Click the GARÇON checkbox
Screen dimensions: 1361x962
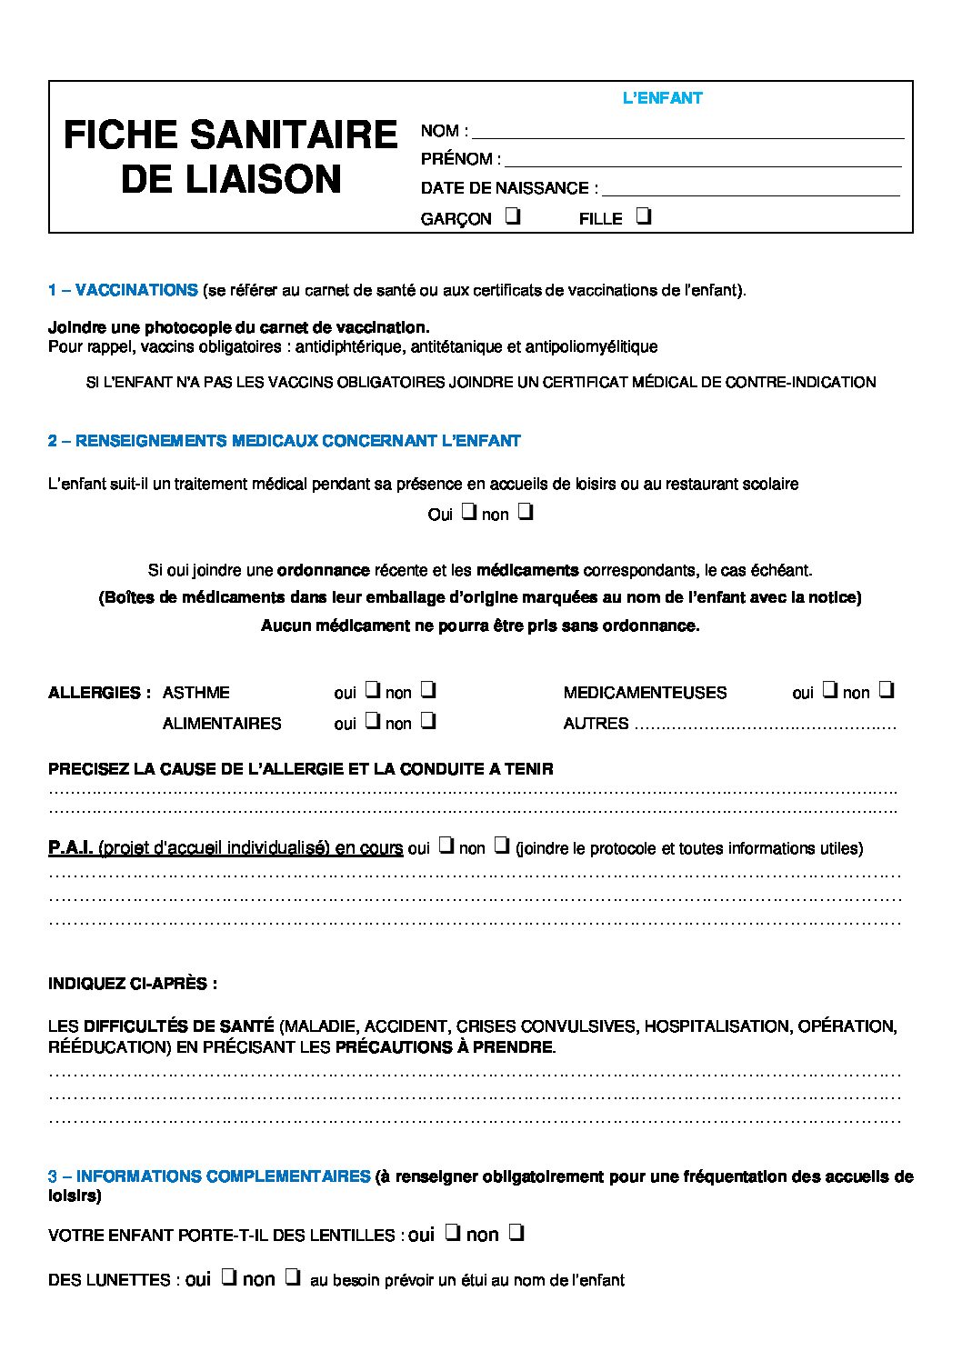pos(513,217)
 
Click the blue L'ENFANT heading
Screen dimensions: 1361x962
pos(662,98)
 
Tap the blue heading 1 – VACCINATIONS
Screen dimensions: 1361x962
pos(123,290)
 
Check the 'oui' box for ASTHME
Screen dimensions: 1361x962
pos(372,690)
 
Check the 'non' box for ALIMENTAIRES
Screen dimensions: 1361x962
pos(428,721)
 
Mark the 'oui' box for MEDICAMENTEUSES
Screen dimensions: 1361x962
pos(829,690)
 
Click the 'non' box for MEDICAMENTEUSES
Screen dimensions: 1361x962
pos(887,690)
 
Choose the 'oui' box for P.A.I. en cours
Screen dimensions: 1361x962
pos(446,846)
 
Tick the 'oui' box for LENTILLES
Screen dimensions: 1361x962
pos(451,1233)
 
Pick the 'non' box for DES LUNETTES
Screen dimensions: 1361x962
pos(292,1277)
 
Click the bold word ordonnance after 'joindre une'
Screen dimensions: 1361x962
pos(323,570)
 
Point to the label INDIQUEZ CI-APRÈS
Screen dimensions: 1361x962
pos(133,984)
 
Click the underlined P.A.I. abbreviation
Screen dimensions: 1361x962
pos(70,847)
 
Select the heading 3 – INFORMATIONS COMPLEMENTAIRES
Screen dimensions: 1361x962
pos(209,1176)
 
